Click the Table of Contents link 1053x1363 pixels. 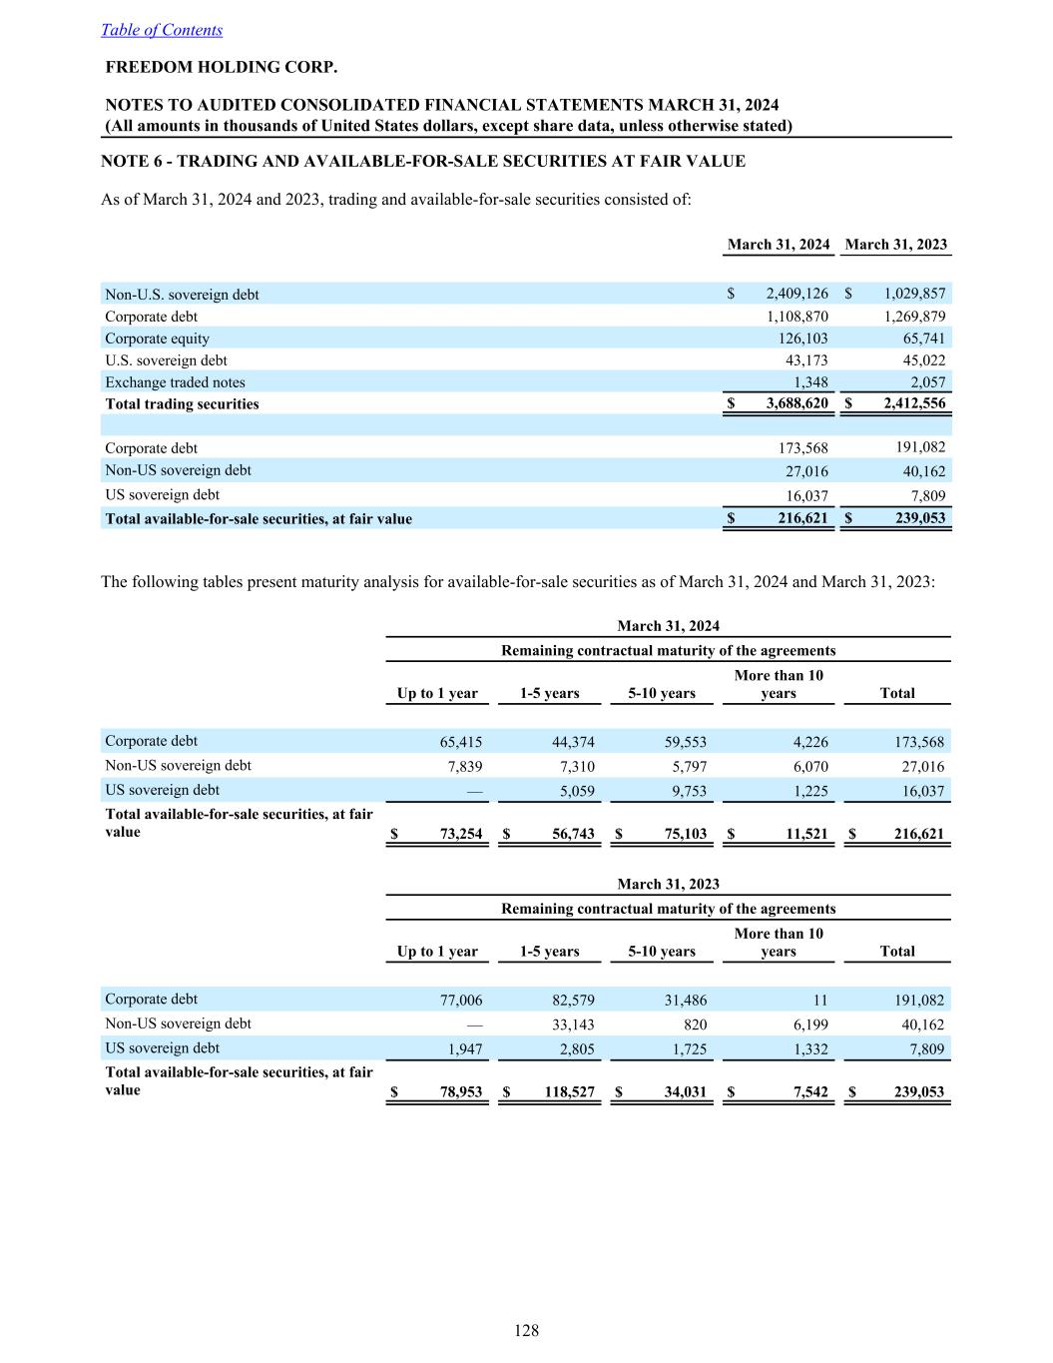click(162, 30)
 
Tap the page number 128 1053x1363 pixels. click(526, 1330)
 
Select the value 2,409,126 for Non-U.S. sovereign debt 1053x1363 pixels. click(796, 294)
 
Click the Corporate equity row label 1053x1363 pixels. click(158, 339)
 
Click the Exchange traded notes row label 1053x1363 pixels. click(175, 382)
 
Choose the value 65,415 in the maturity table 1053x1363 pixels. click(461, 742)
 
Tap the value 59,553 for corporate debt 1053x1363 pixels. click(686, 742)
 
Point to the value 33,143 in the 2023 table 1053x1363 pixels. click(573, 1024)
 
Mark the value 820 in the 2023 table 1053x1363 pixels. click(696, 1024)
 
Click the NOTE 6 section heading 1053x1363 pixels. click(423, 161)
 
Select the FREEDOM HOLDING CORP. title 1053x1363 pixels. click(222, 68)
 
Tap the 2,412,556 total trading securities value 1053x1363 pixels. click(914, 404)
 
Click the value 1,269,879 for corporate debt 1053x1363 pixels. click(914, 317)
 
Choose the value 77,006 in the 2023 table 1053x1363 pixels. click(461, 1001)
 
